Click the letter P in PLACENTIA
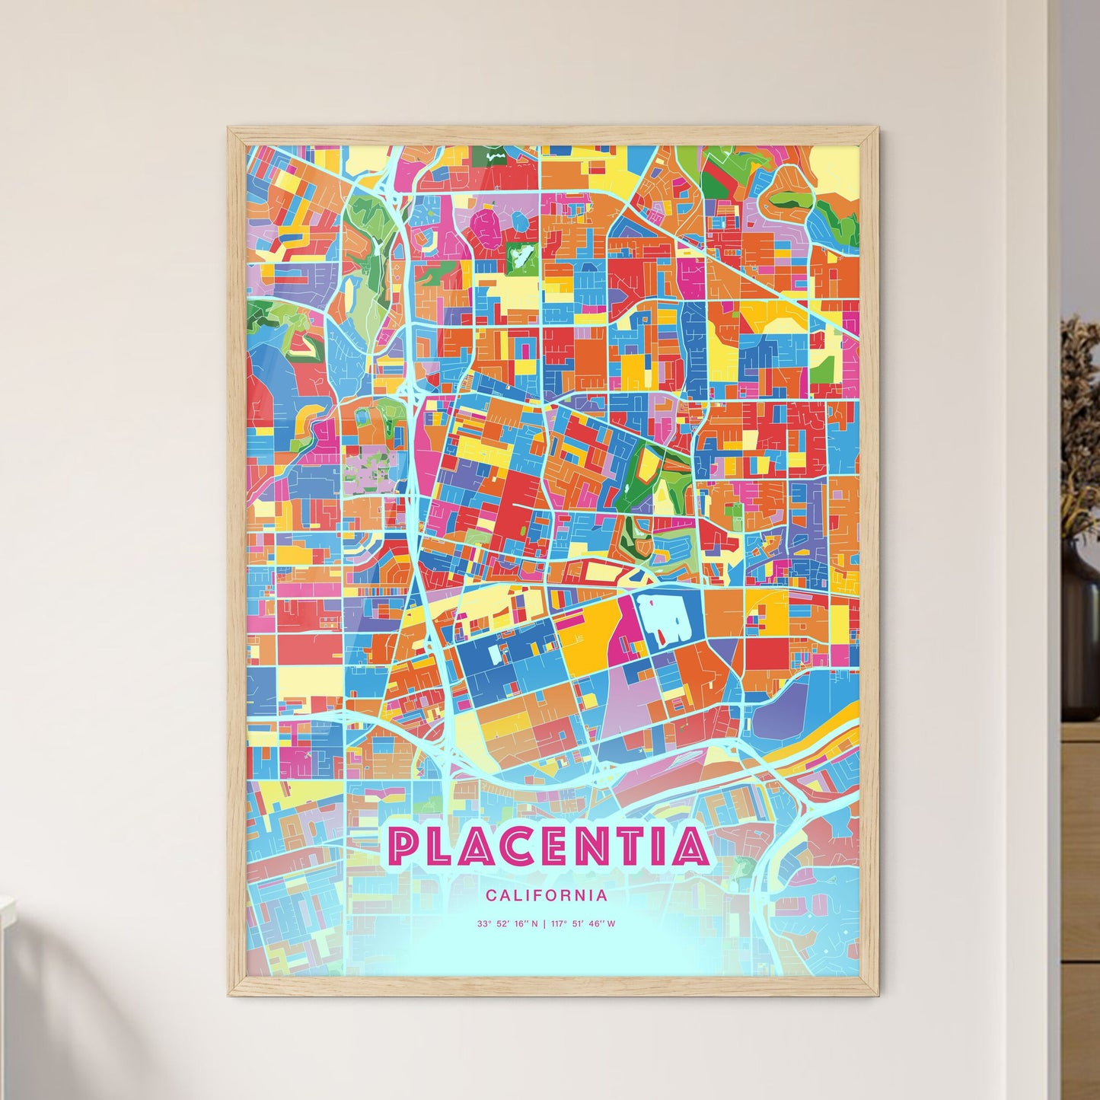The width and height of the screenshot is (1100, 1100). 404,846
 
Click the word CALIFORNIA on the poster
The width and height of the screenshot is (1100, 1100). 547,895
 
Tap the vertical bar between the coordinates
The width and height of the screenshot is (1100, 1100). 544,924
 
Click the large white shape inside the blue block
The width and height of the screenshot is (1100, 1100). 661,617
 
